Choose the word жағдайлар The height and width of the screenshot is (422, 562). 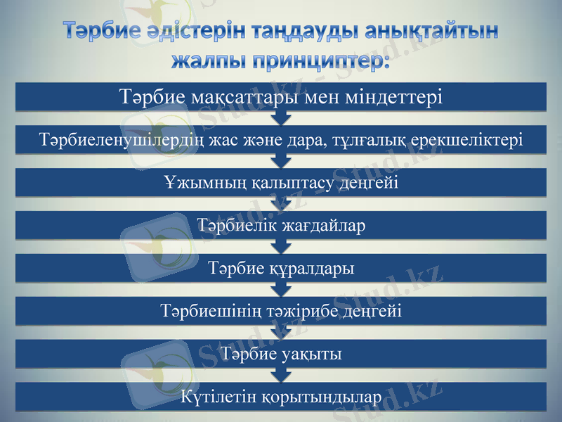pos(322,226)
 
